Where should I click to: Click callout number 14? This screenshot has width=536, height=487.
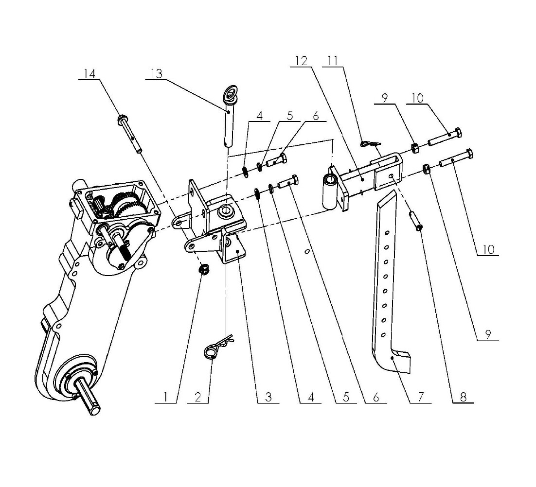(89, 74)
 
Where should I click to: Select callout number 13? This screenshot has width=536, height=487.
(157, 74)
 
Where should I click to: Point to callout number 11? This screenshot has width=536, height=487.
(332, 61)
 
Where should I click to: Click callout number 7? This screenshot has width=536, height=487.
(421, 397)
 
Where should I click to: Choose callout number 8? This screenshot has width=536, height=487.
(463, 397)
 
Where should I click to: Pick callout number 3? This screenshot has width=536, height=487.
(268, 397)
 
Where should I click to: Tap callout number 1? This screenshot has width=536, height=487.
(165, 397)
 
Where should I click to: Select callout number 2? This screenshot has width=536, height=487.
(197, 397)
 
